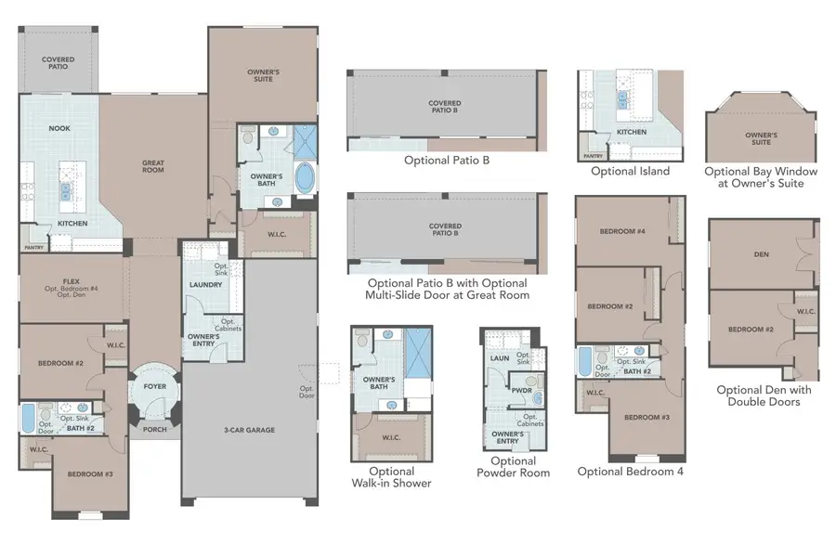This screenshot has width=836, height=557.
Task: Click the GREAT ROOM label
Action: (x=153, y=166)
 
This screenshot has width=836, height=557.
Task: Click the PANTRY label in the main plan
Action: (x=33, y=246)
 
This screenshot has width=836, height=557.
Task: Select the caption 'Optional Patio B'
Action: (x=447, y=161)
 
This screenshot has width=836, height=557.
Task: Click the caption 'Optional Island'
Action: (x=630, y=172)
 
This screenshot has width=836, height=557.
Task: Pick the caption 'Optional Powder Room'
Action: (x=513, y=467)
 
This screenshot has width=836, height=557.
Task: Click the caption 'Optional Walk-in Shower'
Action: (x=391, y=476)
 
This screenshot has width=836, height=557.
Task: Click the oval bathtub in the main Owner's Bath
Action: (x=305, y=176)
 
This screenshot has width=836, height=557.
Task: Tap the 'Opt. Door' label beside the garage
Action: (x=307, y=391)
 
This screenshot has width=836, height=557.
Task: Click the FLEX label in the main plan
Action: (x=70, y=279)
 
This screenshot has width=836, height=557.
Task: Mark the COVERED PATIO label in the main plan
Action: (x=58, y=63)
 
